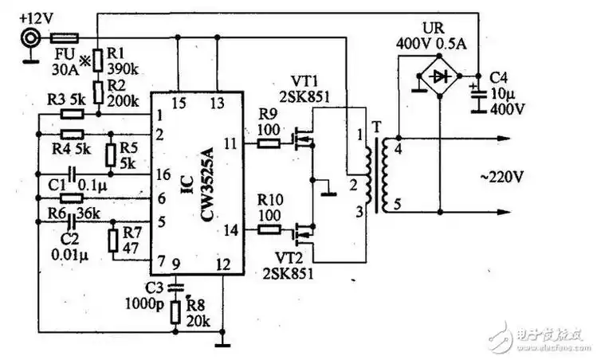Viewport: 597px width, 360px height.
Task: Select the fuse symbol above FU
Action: (64, 37)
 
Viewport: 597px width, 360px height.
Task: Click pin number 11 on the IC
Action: (230, 144)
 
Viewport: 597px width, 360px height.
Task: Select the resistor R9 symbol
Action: (269, 144)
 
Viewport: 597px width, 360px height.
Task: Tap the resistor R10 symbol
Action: (269, 231)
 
